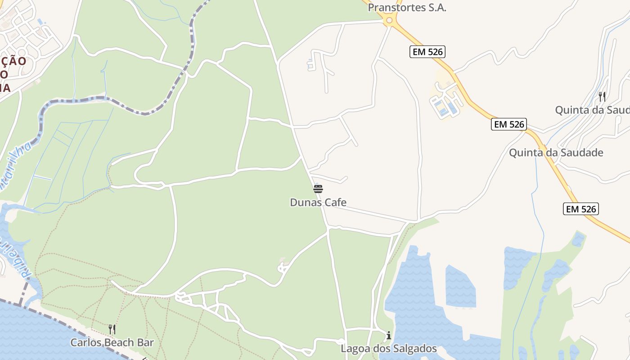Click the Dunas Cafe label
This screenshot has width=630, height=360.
318,202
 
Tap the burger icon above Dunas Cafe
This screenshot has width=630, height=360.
318,189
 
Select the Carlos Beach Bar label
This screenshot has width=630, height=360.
112,342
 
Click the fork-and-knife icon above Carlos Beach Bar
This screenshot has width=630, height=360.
112,329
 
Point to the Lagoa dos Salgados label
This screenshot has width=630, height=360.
389,349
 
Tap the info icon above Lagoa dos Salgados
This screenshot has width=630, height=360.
389,336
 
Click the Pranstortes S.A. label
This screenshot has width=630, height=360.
407,8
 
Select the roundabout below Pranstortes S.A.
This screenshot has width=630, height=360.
389,20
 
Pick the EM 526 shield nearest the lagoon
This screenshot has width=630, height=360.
580,209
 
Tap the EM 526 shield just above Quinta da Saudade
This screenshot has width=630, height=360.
509,124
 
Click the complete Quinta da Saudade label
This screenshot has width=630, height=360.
556,153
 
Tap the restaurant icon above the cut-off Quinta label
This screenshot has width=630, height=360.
602,96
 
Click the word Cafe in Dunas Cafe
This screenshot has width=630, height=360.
334,202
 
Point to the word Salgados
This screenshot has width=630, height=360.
413,349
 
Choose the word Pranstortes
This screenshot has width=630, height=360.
390,8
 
